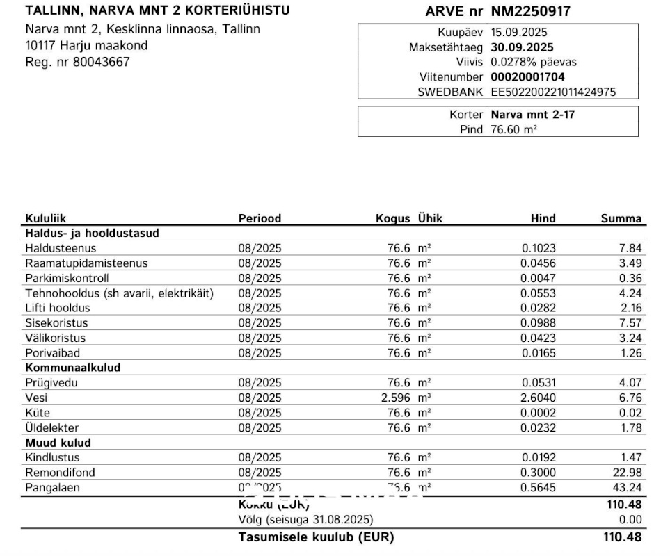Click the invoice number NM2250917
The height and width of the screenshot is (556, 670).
[x=531, y=11]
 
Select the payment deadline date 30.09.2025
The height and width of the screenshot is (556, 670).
[x=522, y=47]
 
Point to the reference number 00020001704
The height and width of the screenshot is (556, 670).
[x=527, y=77]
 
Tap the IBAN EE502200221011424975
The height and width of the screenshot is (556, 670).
[x=553, y=92]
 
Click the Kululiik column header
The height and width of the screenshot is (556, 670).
[x=46, y=218]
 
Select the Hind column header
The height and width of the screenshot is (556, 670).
[x=543, y=218]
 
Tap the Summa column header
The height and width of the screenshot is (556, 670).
[x=621, y=218]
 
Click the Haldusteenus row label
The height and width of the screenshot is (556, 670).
[x=61, y=248]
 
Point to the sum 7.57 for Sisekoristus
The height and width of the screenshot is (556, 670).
[x=630, y=323]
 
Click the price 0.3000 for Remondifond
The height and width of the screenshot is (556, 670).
[x=539, y=473]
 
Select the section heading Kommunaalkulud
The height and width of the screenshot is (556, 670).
[x=73, y=367]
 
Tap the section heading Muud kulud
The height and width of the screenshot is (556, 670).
[x=58, y=443]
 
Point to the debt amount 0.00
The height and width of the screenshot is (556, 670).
[x=630, y=520]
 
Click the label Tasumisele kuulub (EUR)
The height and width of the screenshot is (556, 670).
[x=316, y=537]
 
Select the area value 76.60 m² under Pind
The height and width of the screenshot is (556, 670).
[x=513, y=129]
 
